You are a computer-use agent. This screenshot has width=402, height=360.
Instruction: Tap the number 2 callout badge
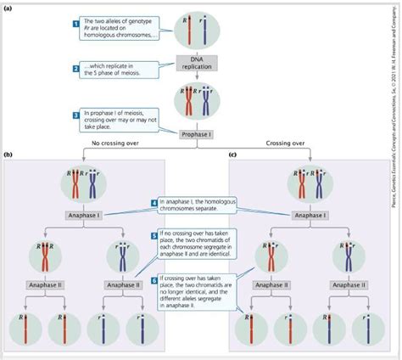tap(76, 67)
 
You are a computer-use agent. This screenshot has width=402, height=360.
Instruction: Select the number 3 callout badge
tap(76, 114)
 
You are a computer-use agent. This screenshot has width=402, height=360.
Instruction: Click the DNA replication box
tap(197, 61)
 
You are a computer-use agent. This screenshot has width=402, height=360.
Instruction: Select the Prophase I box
tap(197, 133)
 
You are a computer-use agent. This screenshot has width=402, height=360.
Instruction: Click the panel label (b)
tap(8, 155)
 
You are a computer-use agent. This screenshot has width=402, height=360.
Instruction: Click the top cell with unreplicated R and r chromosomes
tap(197, 25)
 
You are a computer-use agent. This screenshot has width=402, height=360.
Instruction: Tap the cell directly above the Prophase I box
tap(197, 99)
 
